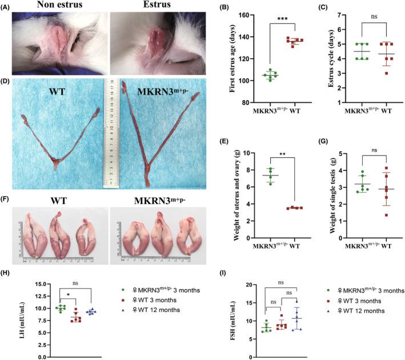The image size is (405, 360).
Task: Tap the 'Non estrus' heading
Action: pyautogui.click(x=55, y=6)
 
